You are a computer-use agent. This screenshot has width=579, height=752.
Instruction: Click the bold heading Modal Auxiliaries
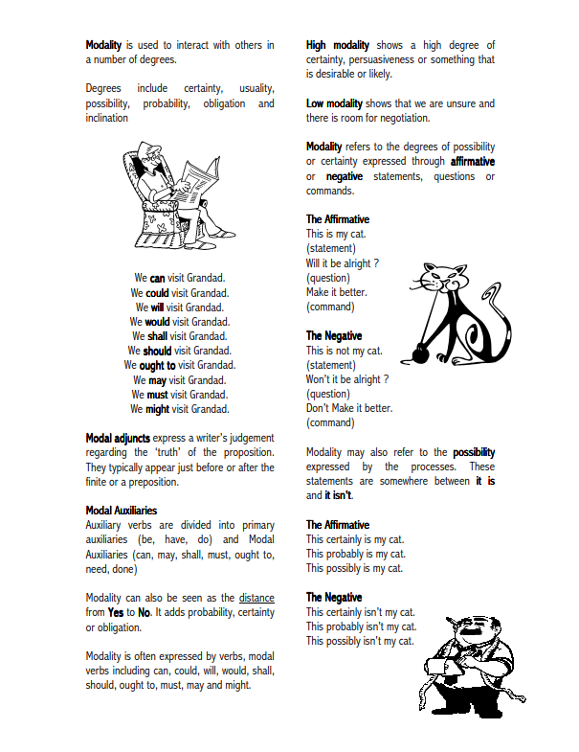(122, 511)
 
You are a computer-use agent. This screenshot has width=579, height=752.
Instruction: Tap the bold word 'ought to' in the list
(157, 365)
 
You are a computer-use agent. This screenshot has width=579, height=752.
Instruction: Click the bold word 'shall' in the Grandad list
(158, 336)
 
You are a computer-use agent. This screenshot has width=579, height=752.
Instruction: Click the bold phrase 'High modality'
(338, 45)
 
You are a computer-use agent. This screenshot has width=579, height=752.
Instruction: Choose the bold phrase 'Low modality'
(334, 103)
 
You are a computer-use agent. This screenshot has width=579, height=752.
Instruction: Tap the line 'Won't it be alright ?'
(346, 379)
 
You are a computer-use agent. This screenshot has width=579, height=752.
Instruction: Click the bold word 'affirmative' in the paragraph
(472, 162)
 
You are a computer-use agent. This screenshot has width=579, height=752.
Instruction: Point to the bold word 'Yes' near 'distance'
(116, 612)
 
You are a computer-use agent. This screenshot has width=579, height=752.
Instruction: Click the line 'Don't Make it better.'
(349, 408)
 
